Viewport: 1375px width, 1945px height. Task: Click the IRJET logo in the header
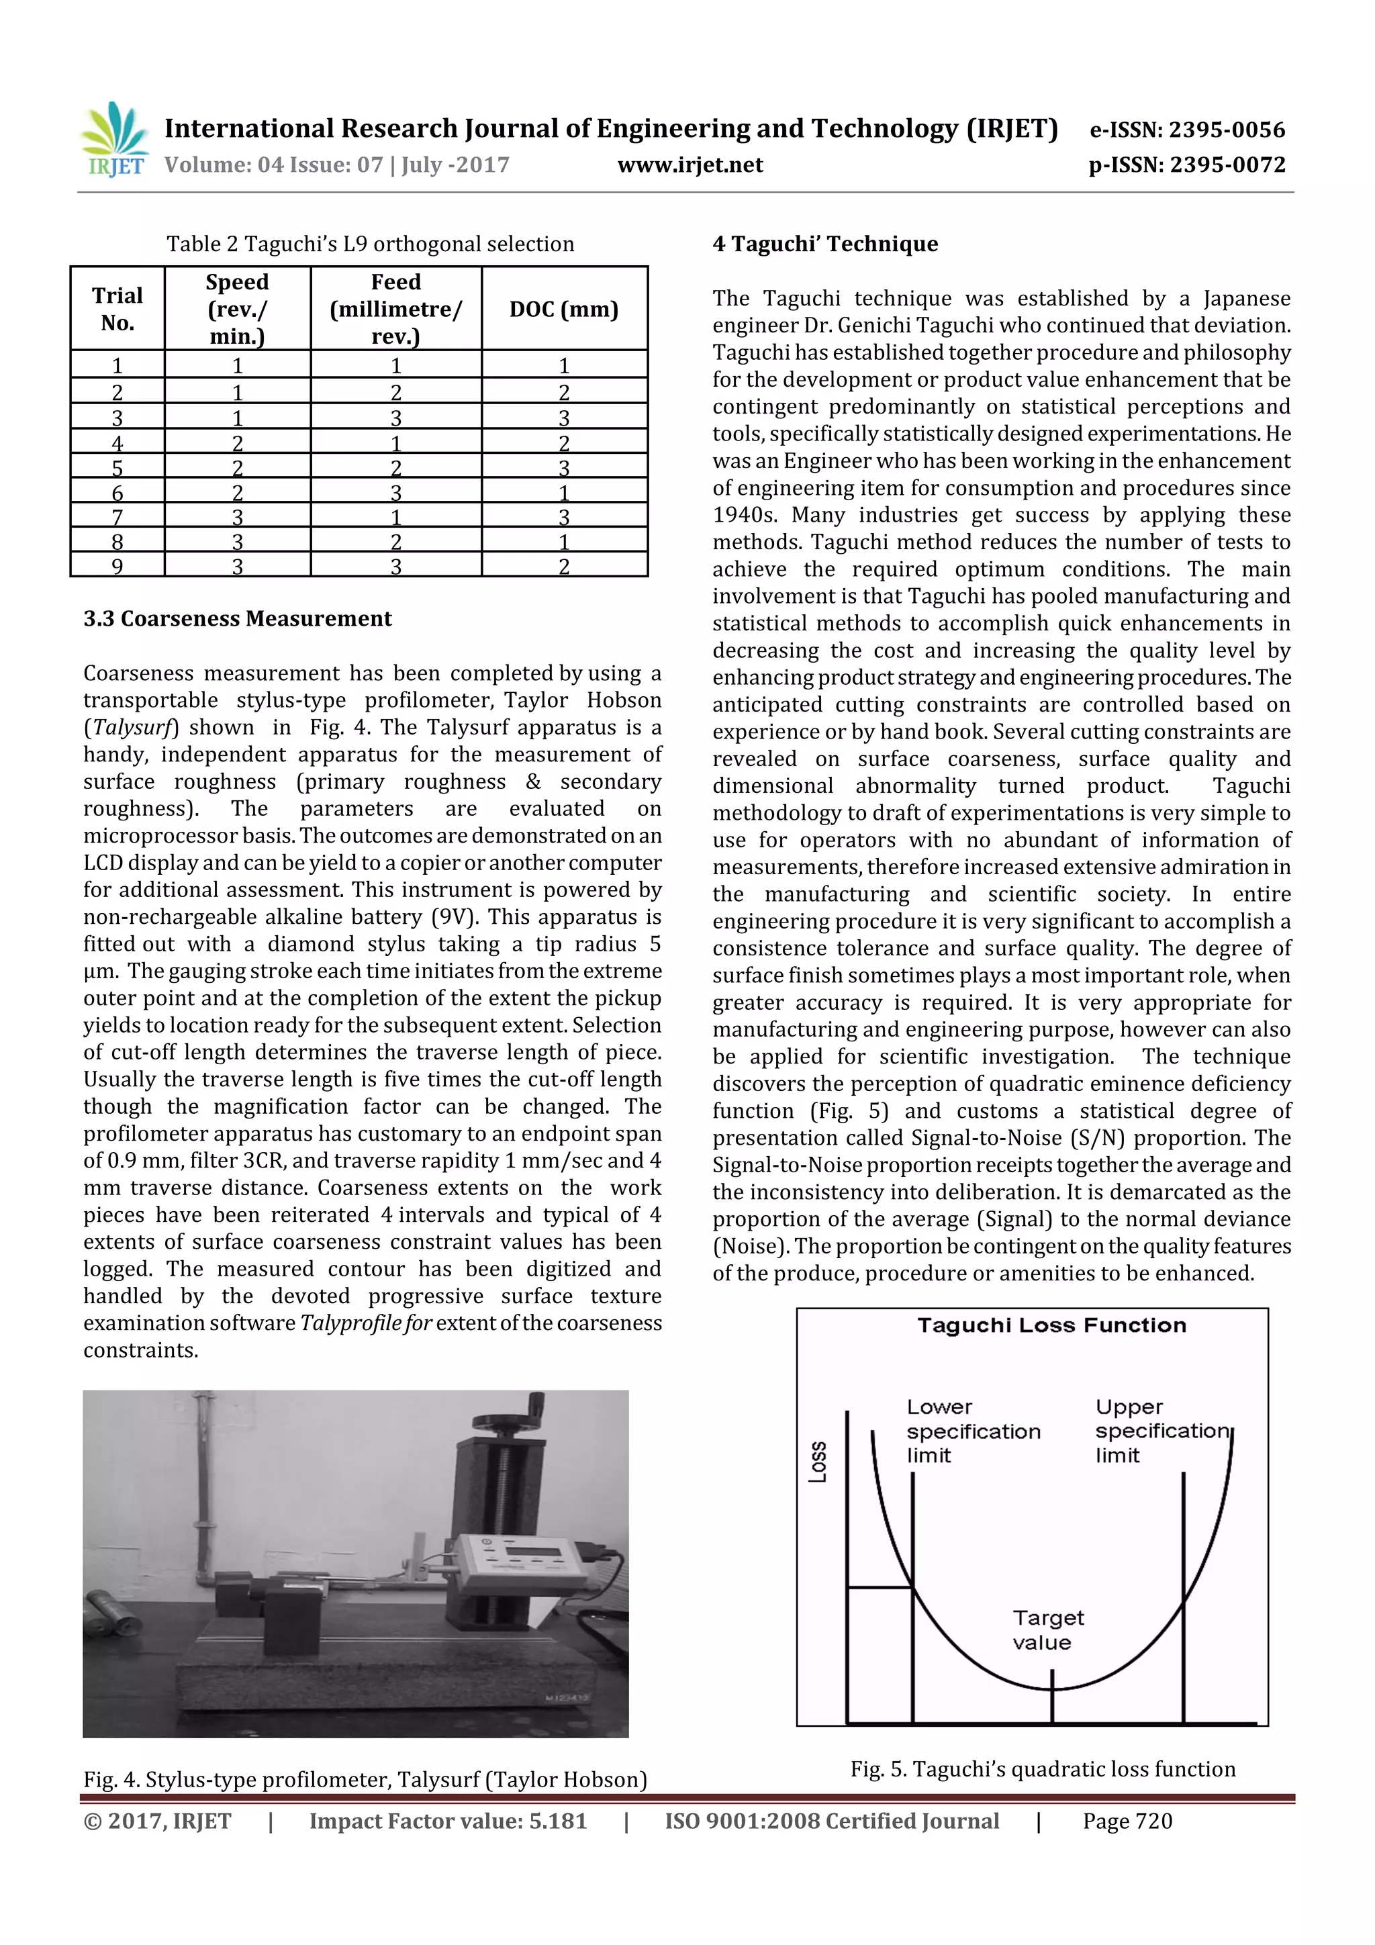(x=114, y=139)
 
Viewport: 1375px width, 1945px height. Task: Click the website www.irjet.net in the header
(x=690, y=165)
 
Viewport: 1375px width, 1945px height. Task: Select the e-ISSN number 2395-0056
(x=1187, y=130)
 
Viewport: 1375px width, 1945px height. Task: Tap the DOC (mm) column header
(x=563, y=310)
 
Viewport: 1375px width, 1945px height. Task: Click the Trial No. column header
(x=117, y=310)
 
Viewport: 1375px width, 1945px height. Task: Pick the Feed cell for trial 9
(x=395, y=566)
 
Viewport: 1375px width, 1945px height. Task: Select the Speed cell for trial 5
(x=237, y=467)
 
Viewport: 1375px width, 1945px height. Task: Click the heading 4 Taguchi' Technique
(x=825, y=244)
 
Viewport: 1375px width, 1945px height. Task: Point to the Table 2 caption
(x=370, y=244)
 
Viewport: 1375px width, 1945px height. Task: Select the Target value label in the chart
(x=1047, y=1630)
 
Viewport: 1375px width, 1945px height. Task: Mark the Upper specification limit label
(x=1161, y=1431)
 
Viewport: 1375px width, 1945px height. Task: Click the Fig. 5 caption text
(x=1042, y=1769)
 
